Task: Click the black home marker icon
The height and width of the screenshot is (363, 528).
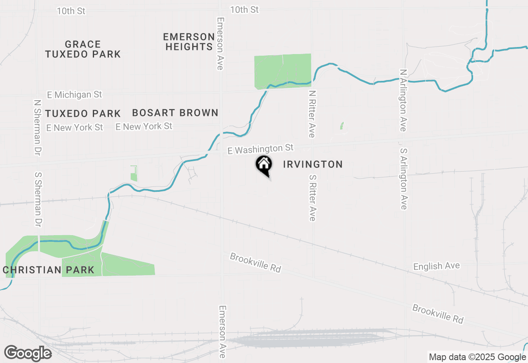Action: [264, 165]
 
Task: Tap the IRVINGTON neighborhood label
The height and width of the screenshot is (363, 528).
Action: [313, 165]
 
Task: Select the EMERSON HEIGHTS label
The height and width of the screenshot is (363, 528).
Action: [189, 42]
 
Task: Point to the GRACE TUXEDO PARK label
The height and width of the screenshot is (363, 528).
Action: [83, 49]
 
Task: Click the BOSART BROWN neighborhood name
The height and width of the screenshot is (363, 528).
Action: [175, 113]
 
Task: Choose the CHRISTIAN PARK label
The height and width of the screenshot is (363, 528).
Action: [49, 270]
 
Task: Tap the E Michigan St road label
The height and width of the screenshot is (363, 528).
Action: [74, 95]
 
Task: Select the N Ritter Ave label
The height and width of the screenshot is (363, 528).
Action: [312, 114]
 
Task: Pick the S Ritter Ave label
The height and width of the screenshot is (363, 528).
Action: [312, 197]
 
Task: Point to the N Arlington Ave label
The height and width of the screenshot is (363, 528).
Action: [403, 100]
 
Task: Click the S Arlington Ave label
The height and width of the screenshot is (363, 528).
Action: [403, 179]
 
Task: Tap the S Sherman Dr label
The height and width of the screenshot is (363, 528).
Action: [38, 199]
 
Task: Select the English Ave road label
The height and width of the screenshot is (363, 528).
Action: [436, 266]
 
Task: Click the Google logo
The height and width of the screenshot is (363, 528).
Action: [28, 353]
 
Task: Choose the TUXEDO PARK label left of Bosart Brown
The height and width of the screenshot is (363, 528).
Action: [83, 113]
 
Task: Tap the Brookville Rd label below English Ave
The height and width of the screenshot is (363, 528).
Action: [438, 314]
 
